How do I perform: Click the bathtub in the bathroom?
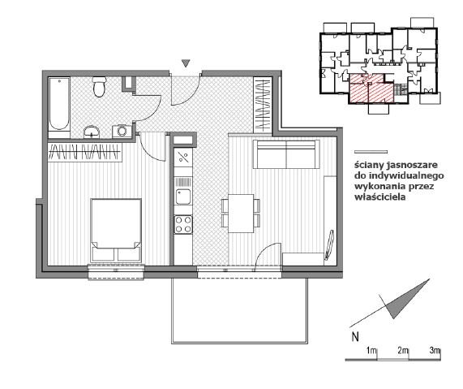59,105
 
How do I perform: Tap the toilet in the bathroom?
99,86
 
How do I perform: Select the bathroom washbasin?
92,132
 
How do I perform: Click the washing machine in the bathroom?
122,131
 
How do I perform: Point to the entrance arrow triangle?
186,63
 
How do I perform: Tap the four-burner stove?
183,224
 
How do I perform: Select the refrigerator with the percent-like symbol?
183,158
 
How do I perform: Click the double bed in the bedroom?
116,231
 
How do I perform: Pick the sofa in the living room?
286,154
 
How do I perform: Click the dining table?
242,214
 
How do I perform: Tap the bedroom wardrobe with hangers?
85,153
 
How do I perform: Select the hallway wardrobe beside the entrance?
263,103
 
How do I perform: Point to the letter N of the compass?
355,337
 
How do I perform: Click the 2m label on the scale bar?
403,351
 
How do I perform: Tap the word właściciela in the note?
380,197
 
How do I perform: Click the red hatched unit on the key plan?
371,89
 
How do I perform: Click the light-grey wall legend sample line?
371,152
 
